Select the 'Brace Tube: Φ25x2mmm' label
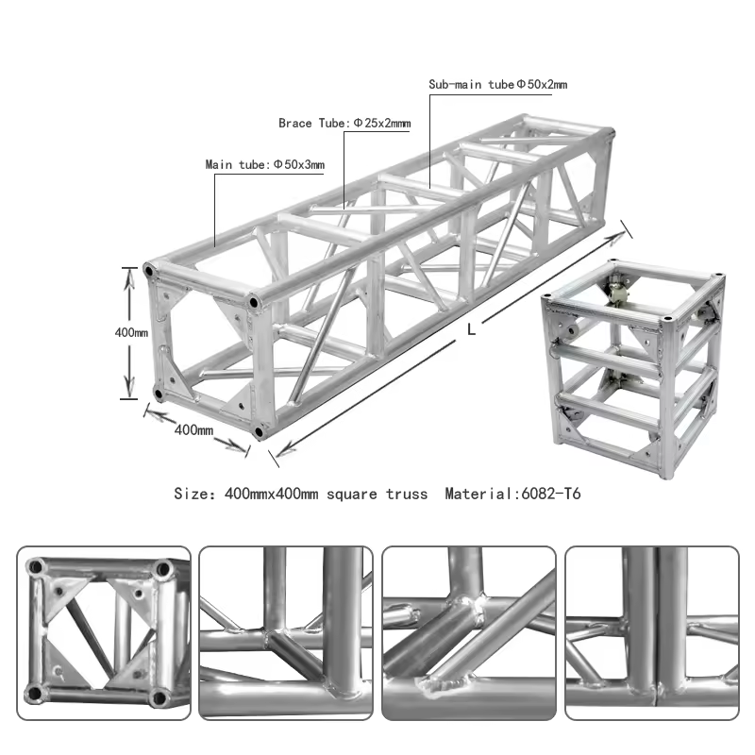tap(344, 124)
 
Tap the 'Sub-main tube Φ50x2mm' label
tap(497, 85)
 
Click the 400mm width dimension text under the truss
tap(193, 430)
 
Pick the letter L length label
tap(471, 330)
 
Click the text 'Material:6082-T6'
tap(519, 494)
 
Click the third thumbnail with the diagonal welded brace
tap(468, 633)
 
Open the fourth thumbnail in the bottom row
tap(651, 633)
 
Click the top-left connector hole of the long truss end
tap(149, 272)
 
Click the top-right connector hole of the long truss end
tap(253, 303)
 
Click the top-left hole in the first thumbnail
tap(37, 568)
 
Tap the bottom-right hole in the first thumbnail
tap(159, 698)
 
